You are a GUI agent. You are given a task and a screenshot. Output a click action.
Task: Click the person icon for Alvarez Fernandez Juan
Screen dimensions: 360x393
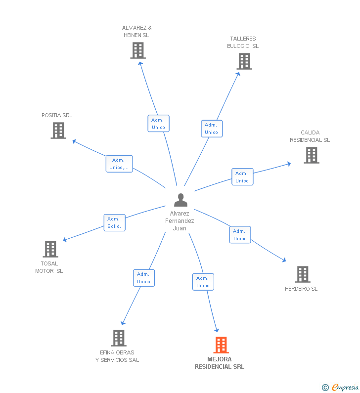pos(181,200)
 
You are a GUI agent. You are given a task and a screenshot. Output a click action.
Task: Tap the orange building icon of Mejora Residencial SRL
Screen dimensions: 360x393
pos(221,345)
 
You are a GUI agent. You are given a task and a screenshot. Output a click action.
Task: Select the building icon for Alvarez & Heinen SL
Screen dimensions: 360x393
pos(138,50)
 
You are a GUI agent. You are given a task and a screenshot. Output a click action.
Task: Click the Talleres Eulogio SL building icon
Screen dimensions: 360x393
pos(244,61)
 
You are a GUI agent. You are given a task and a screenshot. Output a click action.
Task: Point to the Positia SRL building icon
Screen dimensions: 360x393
pos(58,131)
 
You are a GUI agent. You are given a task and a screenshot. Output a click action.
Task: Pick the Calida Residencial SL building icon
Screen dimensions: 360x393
pos(311,155)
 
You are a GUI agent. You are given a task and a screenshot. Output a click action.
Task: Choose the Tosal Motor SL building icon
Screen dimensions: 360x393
pos(50,249)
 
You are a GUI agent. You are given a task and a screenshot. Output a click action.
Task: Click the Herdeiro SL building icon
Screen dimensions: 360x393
pos(302,274)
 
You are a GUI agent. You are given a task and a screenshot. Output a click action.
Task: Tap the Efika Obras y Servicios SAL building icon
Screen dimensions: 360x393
pos(119,338)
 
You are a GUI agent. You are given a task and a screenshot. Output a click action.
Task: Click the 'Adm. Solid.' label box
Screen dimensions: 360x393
pos(114,223)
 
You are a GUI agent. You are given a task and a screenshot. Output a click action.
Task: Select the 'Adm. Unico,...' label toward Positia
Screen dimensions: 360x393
pos(119,164)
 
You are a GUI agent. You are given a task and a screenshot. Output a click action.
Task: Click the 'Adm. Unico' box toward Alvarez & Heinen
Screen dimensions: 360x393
pos(158,124)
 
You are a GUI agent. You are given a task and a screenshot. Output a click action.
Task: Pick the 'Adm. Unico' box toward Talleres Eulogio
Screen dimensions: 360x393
pos(212,129)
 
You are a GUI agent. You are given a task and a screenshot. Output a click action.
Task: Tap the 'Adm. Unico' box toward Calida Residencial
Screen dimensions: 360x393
pos(242,177)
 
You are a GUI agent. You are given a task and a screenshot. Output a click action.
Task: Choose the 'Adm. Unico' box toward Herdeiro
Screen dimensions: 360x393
pos(240,235)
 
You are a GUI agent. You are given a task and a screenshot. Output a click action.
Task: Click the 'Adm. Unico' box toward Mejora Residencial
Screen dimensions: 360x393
pos(203,282)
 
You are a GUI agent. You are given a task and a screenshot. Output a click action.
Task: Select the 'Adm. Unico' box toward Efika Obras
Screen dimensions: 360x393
pos(144,278)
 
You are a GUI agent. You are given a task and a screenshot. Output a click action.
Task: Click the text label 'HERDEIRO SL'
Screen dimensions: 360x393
pos(301,289)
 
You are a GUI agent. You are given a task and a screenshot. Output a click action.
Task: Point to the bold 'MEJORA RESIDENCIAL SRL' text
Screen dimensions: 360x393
pos(219,363)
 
